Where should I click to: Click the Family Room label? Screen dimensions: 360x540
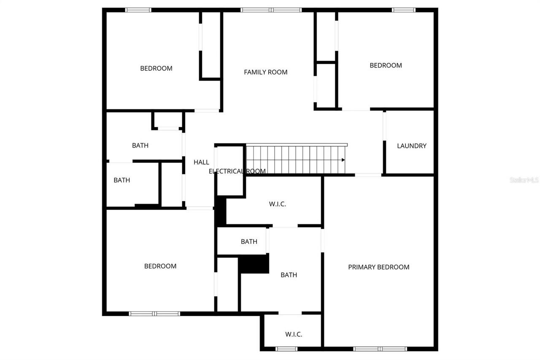[265, 72]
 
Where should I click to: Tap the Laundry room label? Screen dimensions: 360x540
[411, 146]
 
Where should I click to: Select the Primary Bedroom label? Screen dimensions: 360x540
[378, 267]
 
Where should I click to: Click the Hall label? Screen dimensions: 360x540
[201, 162]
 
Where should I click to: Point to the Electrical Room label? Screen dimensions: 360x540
[237, 171]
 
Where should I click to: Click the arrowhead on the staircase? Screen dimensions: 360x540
[343, 160]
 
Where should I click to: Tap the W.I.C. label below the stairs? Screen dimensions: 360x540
[277, 204]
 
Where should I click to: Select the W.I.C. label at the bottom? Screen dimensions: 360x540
[293, 334]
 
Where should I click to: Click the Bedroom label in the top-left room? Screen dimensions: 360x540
[156, 68]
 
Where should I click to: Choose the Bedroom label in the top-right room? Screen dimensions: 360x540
[386, 65]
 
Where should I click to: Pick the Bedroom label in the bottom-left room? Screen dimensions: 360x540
[160, 266]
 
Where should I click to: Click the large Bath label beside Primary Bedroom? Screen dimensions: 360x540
[289, 275]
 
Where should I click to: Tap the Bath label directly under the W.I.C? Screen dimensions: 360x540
[249, 242]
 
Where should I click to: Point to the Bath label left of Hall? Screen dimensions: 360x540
[140, 146]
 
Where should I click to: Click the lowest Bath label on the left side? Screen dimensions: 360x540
[121, 180]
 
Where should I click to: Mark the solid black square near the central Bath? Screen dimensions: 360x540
[254, 264]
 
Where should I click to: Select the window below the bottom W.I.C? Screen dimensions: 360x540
[286, 349]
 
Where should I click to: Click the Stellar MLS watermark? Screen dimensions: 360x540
[524, 180]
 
